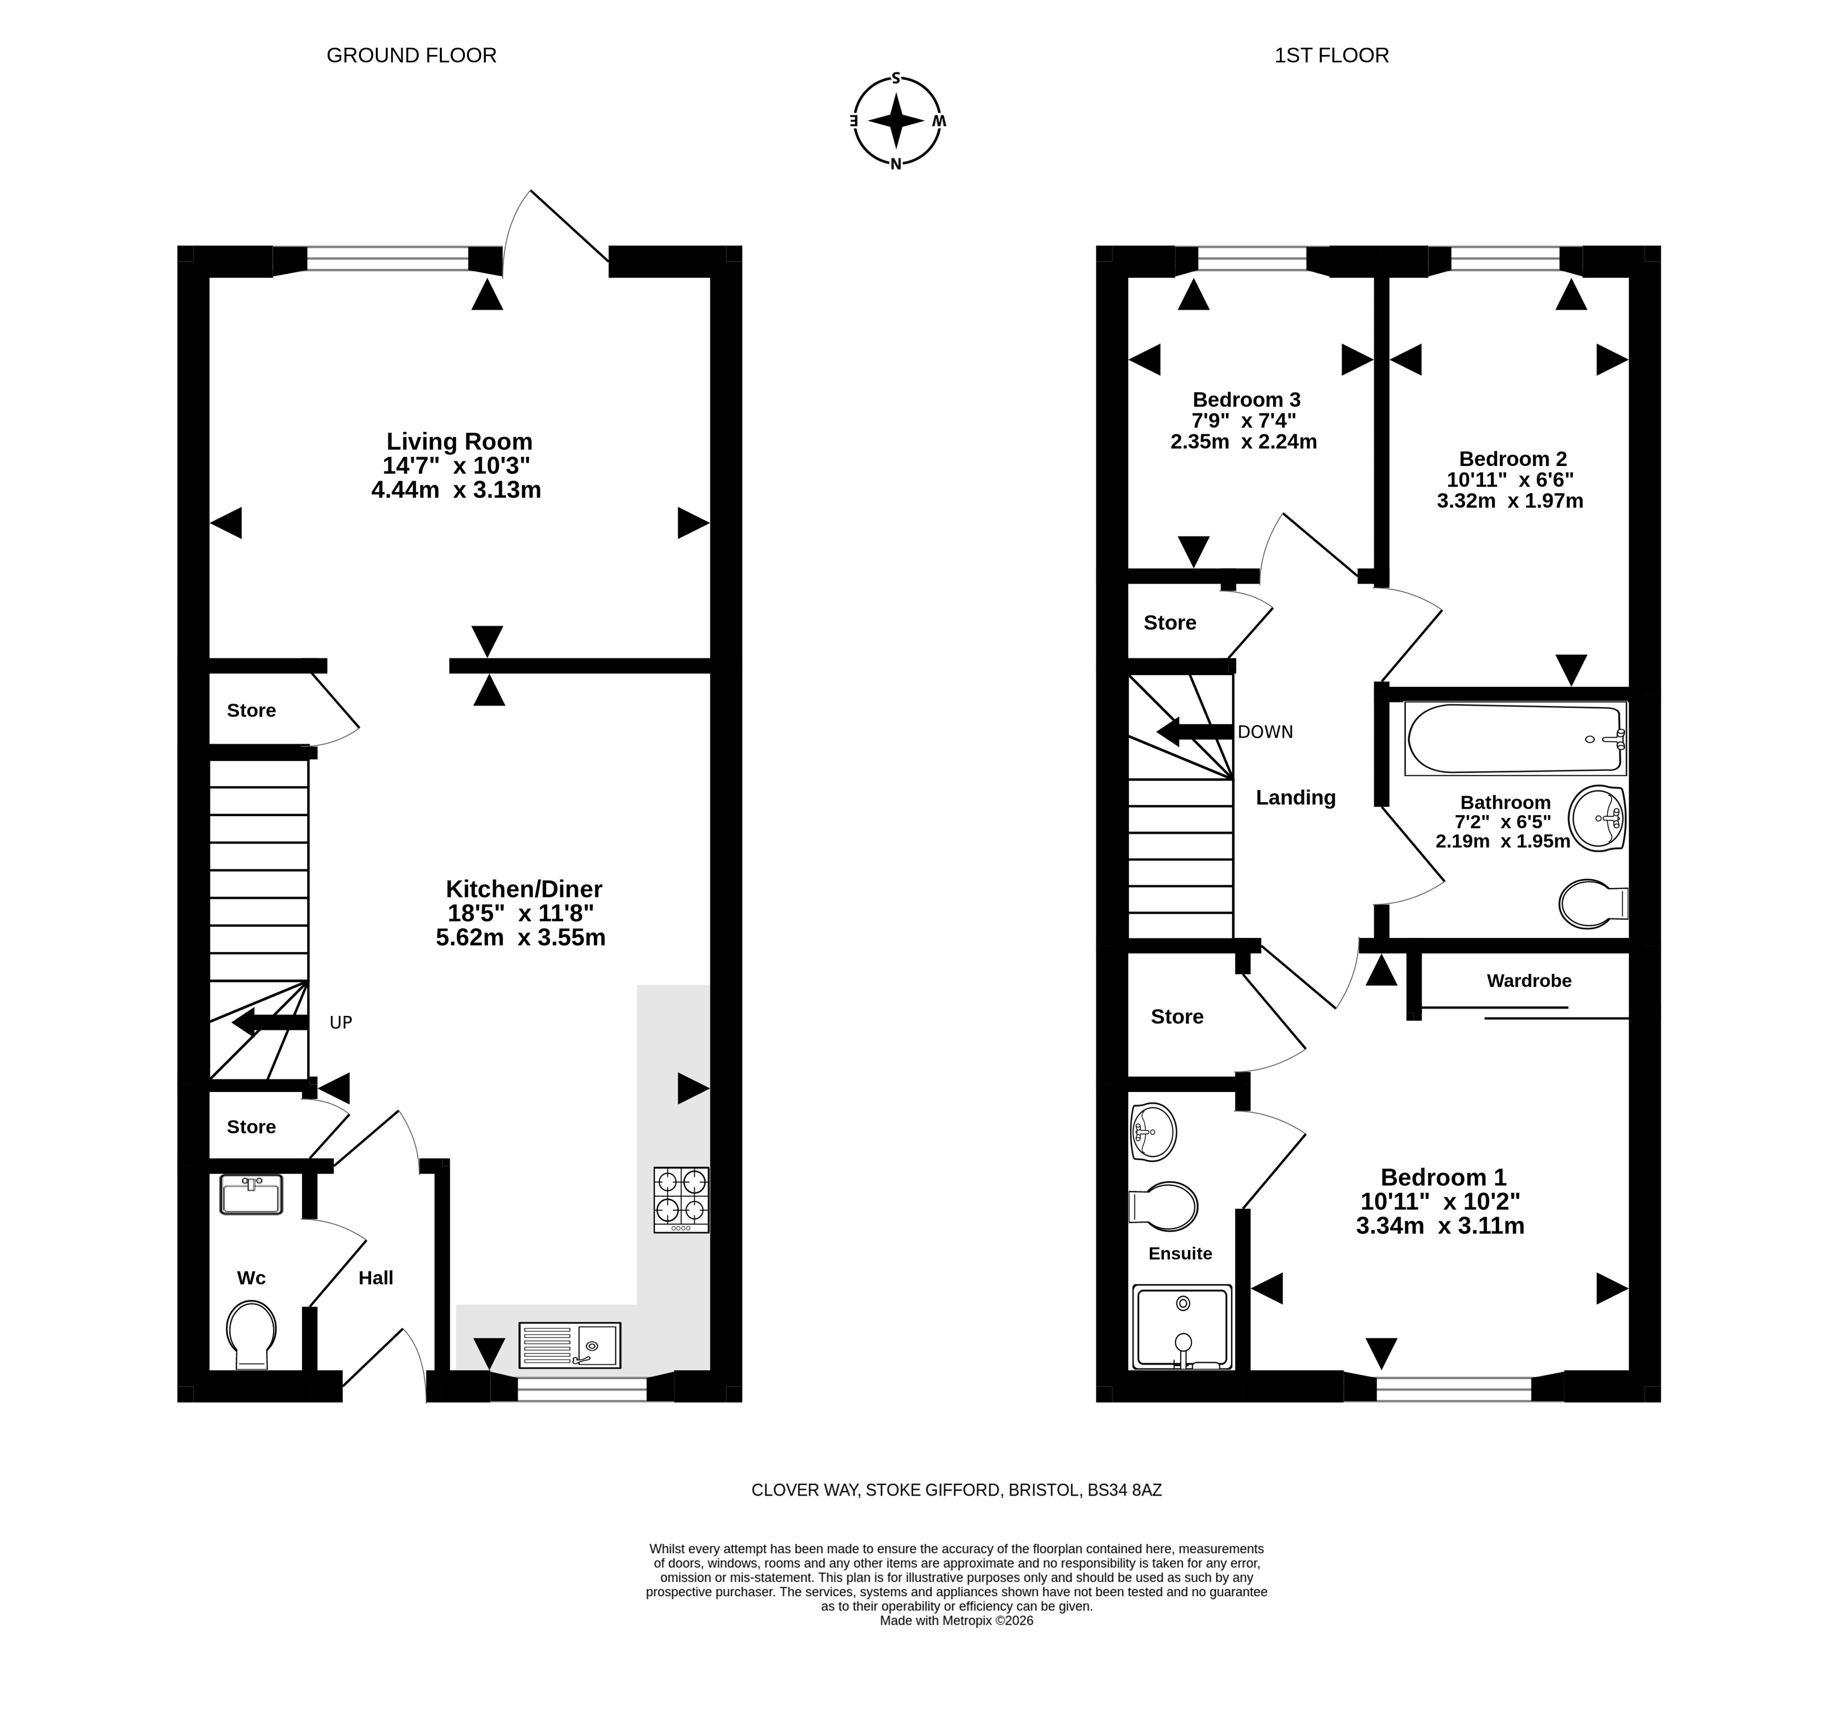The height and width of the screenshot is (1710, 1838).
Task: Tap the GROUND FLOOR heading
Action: [x=411, y=56]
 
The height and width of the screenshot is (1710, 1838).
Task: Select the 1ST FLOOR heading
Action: [x=1331, y=56]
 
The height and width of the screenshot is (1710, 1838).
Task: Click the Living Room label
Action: [x=460, y=441]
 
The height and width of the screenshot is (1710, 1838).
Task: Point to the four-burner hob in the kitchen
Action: [x=681, y=1199]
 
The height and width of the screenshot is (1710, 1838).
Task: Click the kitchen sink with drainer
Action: [x=570, y=1345]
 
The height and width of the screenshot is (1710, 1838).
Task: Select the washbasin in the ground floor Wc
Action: [x=251, y=1194]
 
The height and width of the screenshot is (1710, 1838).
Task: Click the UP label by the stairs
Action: [x=341, y=1022]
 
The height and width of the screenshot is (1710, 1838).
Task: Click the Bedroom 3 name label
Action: [x=1246, y=399]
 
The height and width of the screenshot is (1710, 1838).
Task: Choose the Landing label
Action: [x=1295, y=797]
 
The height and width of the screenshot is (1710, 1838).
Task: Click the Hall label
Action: [x=375, y=1277]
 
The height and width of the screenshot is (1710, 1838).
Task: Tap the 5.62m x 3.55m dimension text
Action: [x=520, y=938]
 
